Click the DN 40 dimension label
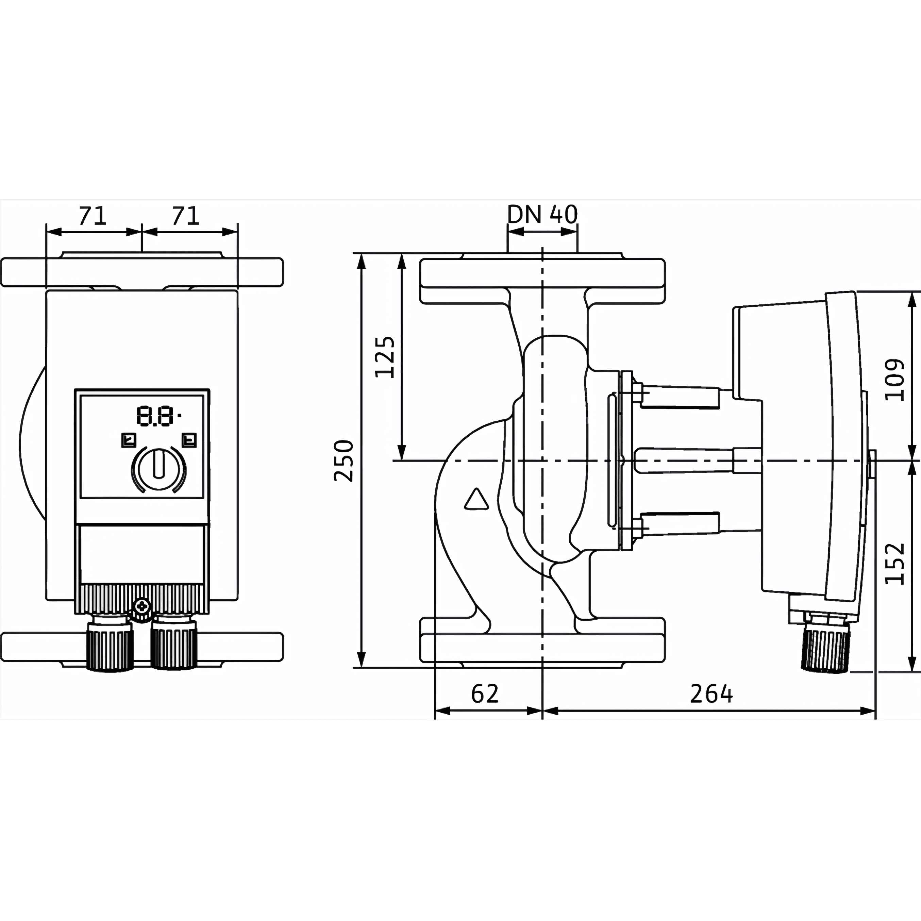tap(542, 215)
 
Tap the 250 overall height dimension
tap(344, 461)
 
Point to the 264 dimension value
tap(711, 694)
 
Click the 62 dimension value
tap(485, 694)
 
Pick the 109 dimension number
tap(894, 380)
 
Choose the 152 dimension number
tap(894, 563)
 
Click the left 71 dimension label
tap(93, 216)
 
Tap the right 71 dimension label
tap(185, 216)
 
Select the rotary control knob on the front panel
tap(159, 469)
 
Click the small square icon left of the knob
tap(129, 440)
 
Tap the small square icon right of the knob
tap(189, 440)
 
